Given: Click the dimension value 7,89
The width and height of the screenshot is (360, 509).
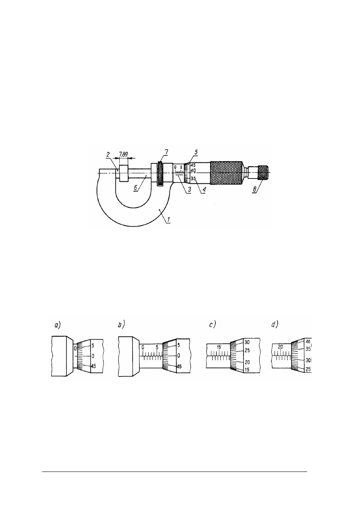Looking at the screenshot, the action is click(124, 154).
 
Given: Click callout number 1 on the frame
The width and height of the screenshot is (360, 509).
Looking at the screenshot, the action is click(169, 220).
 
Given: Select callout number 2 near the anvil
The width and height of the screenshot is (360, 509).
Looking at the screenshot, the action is click(108, 155).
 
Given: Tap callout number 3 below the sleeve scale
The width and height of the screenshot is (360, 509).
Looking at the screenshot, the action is click(189, 189).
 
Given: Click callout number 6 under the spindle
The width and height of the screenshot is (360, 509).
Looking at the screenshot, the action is click(166, 152).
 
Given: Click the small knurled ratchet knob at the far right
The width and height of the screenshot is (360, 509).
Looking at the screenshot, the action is click(264, 172).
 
